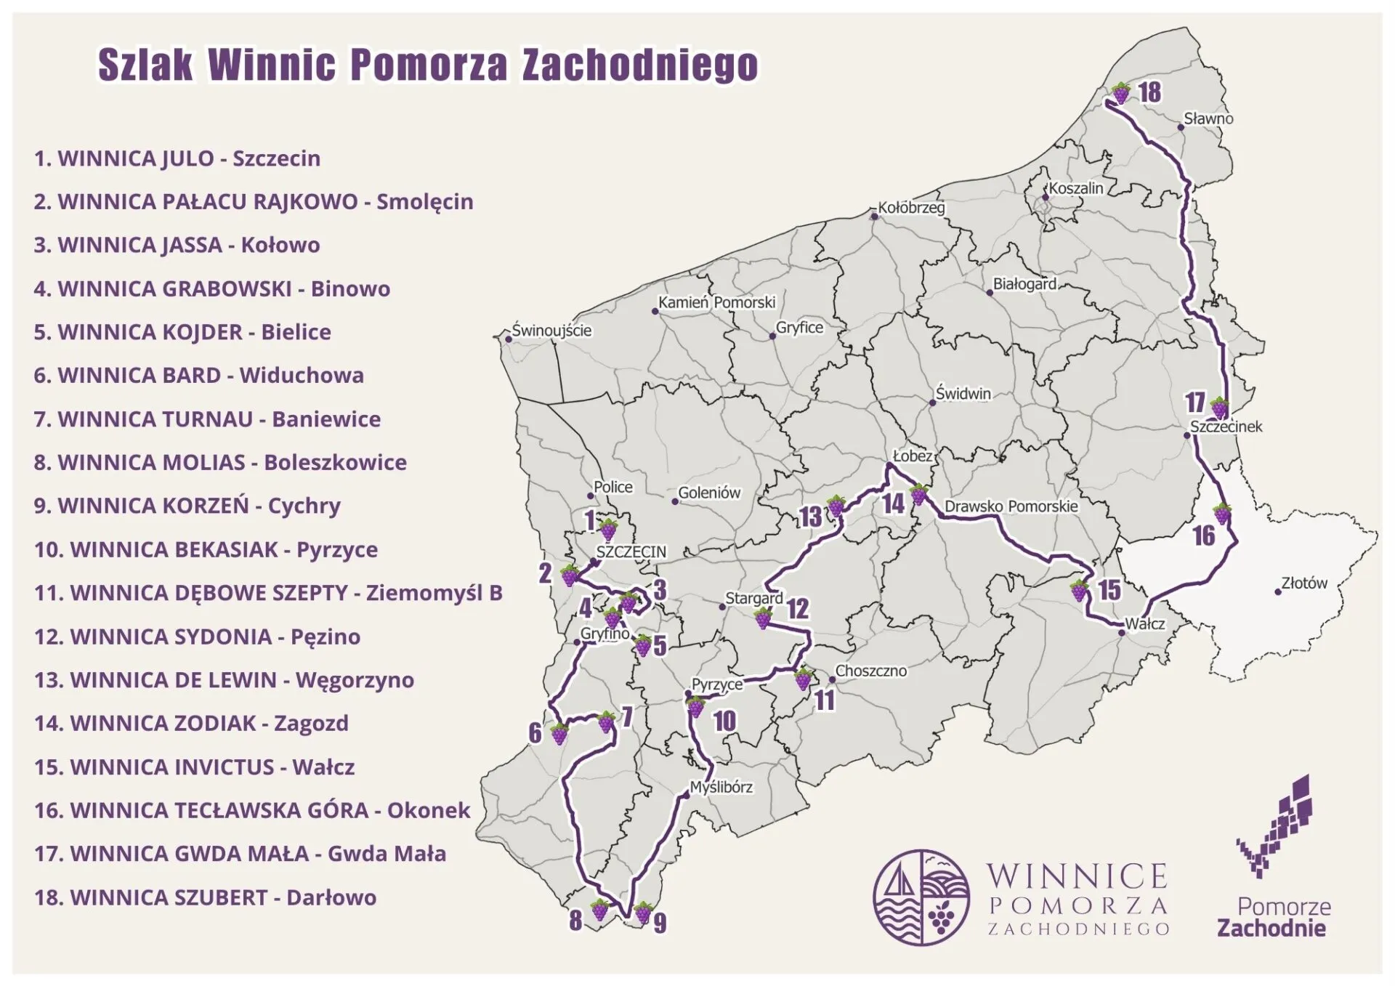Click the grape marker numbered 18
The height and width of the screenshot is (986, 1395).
(1121, 93)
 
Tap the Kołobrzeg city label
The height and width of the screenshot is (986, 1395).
(911, 208)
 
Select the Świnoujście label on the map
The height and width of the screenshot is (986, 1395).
(551, 331)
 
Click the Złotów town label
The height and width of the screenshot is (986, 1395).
(1304, 583)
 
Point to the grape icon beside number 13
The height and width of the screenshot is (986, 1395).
(836, 506)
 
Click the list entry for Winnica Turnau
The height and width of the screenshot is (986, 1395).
(207, 419)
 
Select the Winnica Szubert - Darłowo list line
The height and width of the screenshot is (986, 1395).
(205, 897)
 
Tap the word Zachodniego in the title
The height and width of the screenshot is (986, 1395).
(639, 65)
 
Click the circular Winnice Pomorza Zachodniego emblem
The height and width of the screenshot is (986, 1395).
(921, 897)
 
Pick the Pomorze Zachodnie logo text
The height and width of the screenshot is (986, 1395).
(1272, 918)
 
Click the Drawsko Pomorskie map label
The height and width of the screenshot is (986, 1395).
(1011, 506)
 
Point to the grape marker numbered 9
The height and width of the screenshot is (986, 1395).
(643, 912)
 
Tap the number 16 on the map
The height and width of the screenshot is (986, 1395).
(1203, 536)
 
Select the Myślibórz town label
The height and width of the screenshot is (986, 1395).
(721, 787)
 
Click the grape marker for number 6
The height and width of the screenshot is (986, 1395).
(559, 734)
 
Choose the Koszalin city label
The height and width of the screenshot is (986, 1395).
(1075, 188)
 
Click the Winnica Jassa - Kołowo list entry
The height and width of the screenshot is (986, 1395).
(177, 245)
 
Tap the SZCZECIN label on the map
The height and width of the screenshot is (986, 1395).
(631, 551)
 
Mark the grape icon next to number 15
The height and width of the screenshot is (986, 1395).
(1080, 590)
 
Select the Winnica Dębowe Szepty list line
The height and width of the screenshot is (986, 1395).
(268, 593)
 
